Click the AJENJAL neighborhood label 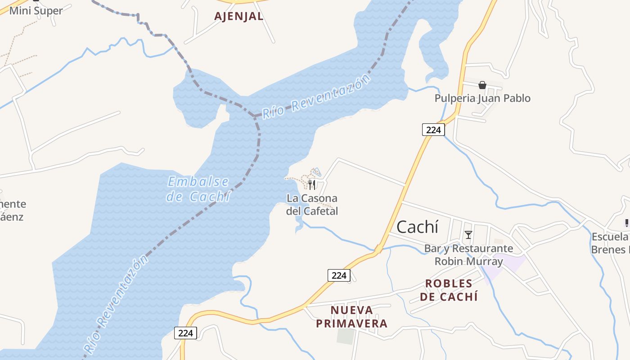(238, 17)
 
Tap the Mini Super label (36, 11)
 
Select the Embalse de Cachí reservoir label (198, 189)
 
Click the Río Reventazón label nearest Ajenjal (316, 97)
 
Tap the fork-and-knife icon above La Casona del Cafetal (311, 184)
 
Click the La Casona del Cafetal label (312, 205)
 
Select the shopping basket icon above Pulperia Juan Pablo (482, 85)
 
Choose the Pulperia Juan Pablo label (482, 98)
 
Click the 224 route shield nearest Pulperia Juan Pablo (433, 130)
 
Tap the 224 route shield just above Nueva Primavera (338, 275)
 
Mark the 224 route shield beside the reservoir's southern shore (185, 333)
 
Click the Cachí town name (417, 227)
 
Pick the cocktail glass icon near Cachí (468, 234)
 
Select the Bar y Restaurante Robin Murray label (468, 255)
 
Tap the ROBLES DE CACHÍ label (449, 290)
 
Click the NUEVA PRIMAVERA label (351, 317)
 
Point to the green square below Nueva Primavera (346, 336)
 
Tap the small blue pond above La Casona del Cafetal (317, 171)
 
